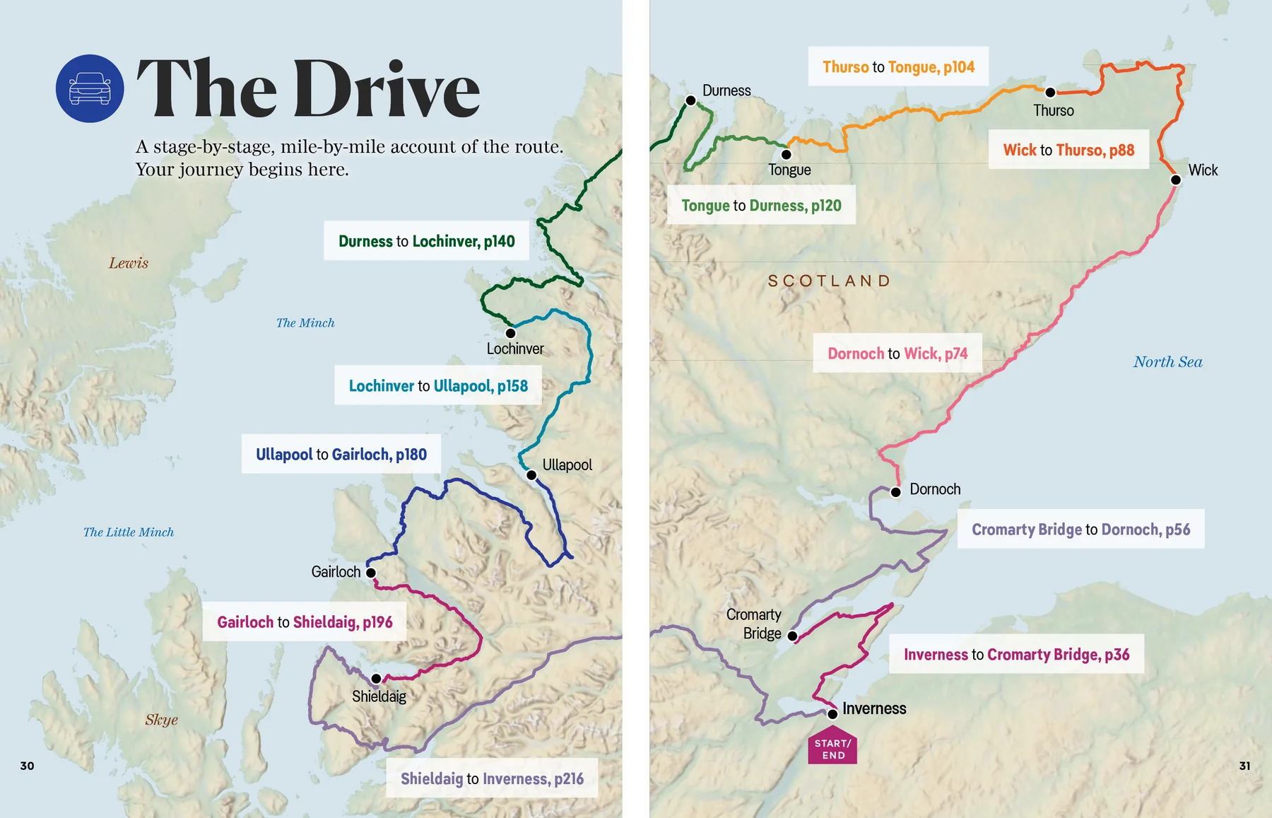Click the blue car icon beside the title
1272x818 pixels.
pos(90,88)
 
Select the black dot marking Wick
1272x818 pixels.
pos(1176,180)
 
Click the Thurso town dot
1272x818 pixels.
pos(1050,92)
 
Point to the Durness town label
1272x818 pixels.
pos(726,90)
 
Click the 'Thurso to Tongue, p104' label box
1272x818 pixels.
pos(898,66)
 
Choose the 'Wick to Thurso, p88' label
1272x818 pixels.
pos(1068,149)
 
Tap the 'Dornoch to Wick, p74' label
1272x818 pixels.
pos(897,353)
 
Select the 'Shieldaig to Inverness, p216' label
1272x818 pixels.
pos(492,778)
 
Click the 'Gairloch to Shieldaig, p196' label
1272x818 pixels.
pos(305,621)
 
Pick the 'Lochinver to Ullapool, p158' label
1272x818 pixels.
pos(438,385)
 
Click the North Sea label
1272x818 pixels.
pos(1167,362)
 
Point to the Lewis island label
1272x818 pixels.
pos(129,263)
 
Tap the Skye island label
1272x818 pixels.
pos(161,720)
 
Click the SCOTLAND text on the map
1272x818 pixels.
pos(829,281)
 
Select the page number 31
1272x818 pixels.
pos(1244,766)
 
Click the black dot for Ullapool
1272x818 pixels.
pos(531,475)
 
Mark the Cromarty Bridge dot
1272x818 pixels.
pos(792,636)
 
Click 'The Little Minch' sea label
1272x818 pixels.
pos(129,532)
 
